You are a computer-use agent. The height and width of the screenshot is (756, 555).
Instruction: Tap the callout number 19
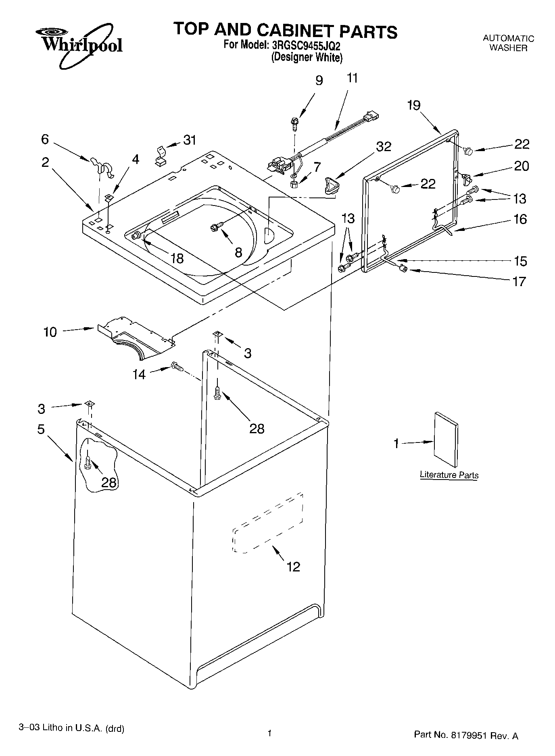[413, 106]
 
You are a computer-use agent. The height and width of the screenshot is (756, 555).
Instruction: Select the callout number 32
[383, 147]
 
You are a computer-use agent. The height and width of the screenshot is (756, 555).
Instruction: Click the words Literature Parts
[449, 475]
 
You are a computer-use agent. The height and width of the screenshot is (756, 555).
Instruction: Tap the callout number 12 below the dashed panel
[293, 567]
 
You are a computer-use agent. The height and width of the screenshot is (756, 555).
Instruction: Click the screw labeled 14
[177, 366]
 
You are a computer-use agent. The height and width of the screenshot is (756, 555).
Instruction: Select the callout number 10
[50, 332]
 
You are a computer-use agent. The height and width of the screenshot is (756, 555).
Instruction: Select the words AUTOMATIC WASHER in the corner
[508, 43]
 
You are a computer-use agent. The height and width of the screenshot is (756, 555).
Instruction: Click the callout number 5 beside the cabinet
[41, 429]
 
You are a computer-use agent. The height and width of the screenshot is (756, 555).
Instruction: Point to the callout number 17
[520, 281]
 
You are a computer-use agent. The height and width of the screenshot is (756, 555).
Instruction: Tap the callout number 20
[521, 166]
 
